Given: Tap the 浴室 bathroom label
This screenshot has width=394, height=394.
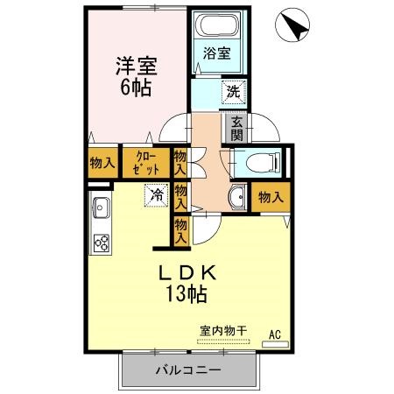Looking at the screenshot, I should tap(218, 53).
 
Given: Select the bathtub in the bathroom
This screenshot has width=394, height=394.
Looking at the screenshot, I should tap(216, 25).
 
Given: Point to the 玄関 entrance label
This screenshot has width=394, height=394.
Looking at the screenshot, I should tap(237, 129).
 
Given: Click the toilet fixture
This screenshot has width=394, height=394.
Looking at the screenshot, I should tap(264, 161).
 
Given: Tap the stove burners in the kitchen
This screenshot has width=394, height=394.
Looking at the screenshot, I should tap(102, 243).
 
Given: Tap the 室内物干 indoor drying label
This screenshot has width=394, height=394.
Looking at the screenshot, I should tap(223, 330).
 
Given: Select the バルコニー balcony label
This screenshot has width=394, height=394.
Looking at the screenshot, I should tap(189, 369).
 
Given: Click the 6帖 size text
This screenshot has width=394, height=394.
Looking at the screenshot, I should tap(135, 88).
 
